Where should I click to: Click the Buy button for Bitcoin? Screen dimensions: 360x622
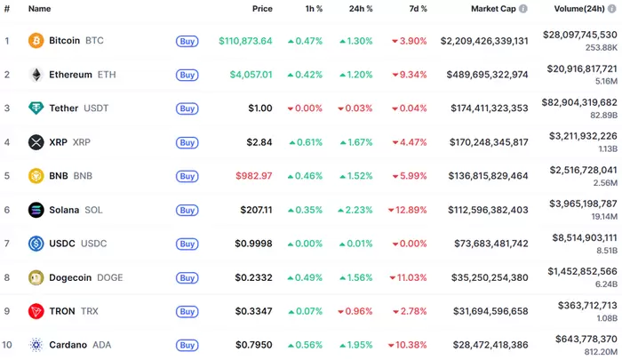[x=187, y=41]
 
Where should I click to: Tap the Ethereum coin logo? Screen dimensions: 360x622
[x=36, y=75]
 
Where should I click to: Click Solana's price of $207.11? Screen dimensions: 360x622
[x=255, y=210]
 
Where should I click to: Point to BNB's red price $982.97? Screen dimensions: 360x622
[x=253, y=176]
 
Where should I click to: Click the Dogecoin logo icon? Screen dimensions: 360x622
[x=36, y=277]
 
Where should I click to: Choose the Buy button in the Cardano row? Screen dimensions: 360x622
[x=187, y=345]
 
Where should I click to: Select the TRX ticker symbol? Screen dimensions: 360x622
[x=90, y=311]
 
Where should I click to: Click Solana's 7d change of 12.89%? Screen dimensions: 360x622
[x=409, y=210]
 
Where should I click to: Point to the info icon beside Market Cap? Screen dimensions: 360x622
[x=523, y=8]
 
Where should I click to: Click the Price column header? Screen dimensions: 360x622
[x=262, y=8]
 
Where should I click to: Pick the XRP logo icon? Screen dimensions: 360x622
[x=36, y=142]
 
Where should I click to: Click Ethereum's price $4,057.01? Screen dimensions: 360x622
[x=246, y=75]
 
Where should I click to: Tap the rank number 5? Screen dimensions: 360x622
[x=7, y=176]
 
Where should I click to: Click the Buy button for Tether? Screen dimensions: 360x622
[x=187, y=108]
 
